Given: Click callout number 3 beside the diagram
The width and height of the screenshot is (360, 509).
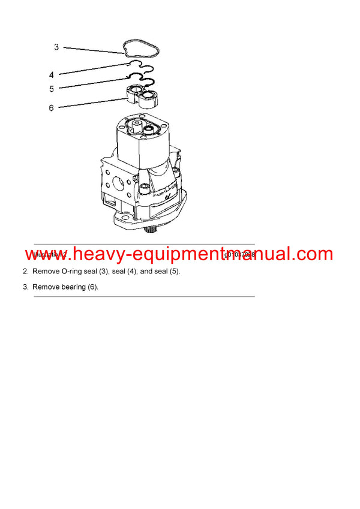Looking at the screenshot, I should pos(56,47).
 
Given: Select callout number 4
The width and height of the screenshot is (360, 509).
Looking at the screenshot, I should pos(52,75).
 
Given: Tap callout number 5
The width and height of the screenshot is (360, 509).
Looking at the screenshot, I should pos(52,89).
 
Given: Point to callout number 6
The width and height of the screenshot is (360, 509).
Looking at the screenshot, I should pos(52,108).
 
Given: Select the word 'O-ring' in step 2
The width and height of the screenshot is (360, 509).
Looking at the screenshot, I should pos(73,272).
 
